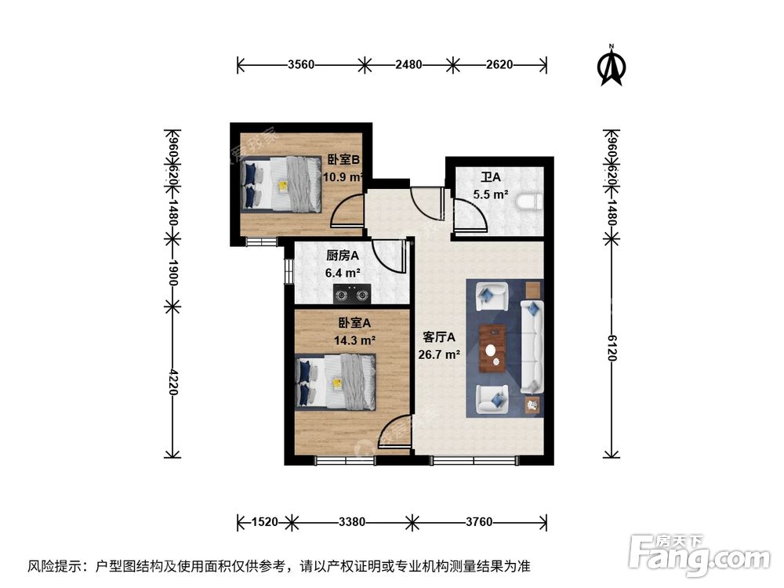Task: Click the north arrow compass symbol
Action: (x=612, y=67)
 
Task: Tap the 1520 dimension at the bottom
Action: (x=263, y=521)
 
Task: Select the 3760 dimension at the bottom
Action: (x=477, y=521)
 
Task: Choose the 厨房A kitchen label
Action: (x=343, y=256)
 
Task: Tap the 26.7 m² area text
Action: (x=439, y=354)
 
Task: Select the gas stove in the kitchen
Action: (x=352, y=295)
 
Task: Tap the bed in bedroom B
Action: (x=281, y=184)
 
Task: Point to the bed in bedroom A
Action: (x=335, y=381)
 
